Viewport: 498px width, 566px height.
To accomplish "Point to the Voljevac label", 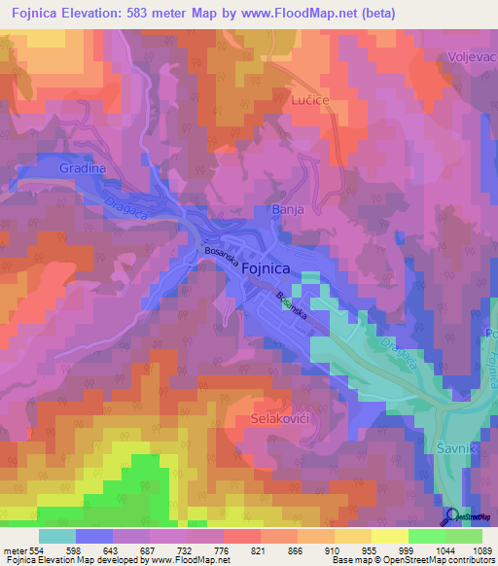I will [x=471, y=56].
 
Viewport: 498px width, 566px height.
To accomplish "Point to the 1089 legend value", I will [x=470, y=550].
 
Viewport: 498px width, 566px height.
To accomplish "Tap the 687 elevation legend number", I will [x=147, y=550].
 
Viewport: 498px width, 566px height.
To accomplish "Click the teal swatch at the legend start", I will [x=57, y=536].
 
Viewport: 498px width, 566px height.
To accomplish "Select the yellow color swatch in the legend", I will [x=390, y=536].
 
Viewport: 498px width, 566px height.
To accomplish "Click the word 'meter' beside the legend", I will [x=15, y=550].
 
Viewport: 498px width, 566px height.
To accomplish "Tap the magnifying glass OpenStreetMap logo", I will [x=452, y=516].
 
